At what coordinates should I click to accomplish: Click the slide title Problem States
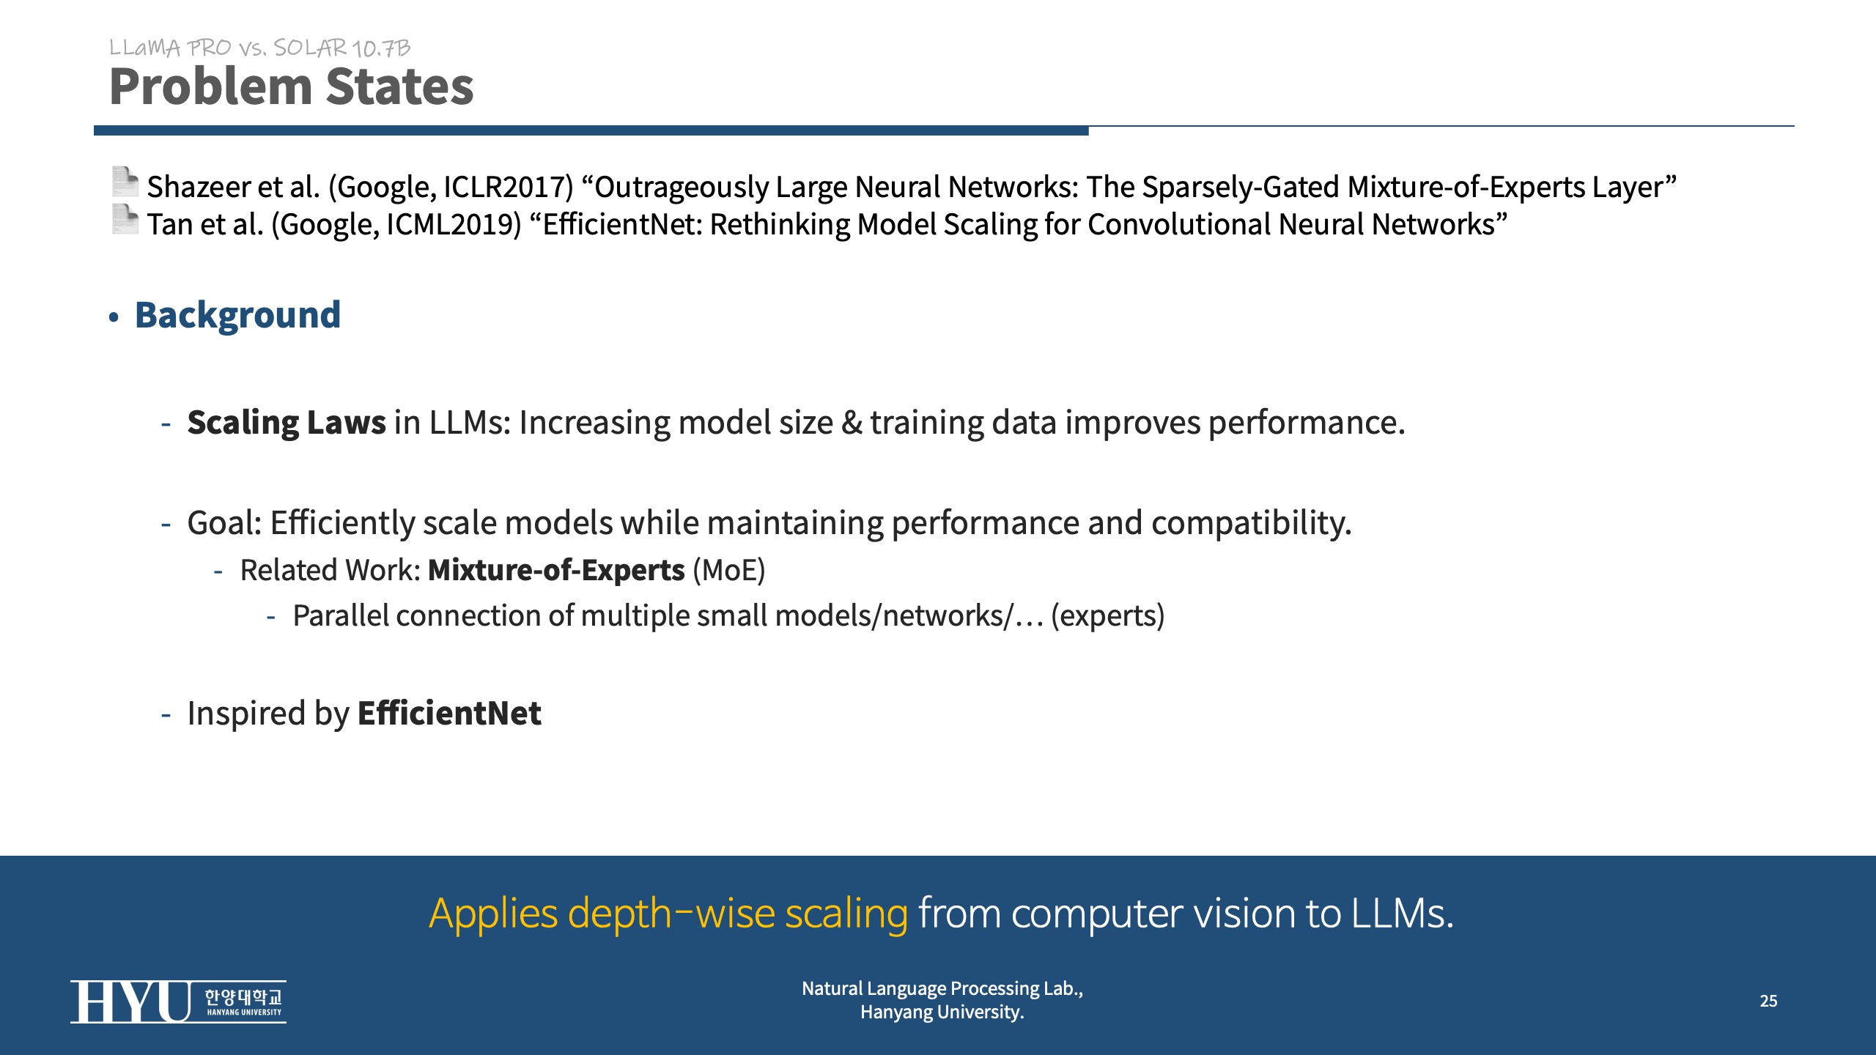[291, 86]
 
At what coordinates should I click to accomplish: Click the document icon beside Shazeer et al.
[125, 182]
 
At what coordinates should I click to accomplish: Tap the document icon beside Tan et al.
[125, 220]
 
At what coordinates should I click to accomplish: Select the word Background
[237, 316]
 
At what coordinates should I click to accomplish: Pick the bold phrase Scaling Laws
[287, 423]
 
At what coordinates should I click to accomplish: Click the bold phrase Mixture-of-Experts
[556, 570]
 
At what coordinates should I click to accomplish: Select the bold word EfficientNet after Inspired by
[449, 713]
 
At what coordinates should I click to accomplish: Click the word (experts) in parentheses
[1107, 616]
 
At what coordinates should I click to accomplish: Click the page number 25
[1768, 1001]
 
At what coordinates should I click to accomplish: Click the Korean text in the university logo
[243, 997]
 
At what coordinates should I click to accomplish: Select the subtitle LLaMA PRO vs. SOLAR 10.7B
[259, 48]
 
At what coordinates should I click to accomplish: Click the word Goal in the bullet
[221, 523]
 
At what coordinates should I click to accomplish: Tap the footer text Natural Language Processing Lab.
[942, 989]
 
